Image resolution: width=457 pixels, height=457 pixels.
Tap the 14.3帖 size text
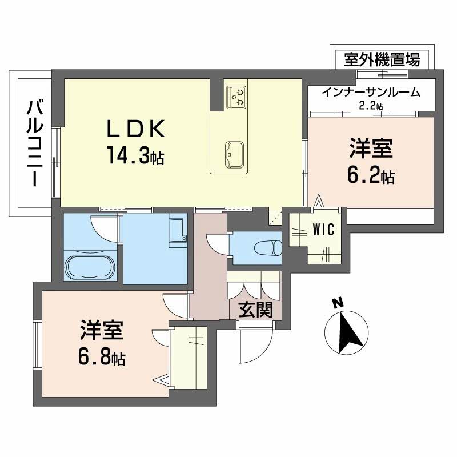point(134,155)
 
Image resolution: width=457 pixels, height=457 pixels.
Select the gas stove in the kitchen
point(236,97)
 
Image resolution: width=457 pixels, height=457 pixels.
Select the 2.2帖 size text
point(371,105)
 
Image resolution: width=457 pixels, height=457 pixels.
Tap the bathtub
point(91,266)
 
